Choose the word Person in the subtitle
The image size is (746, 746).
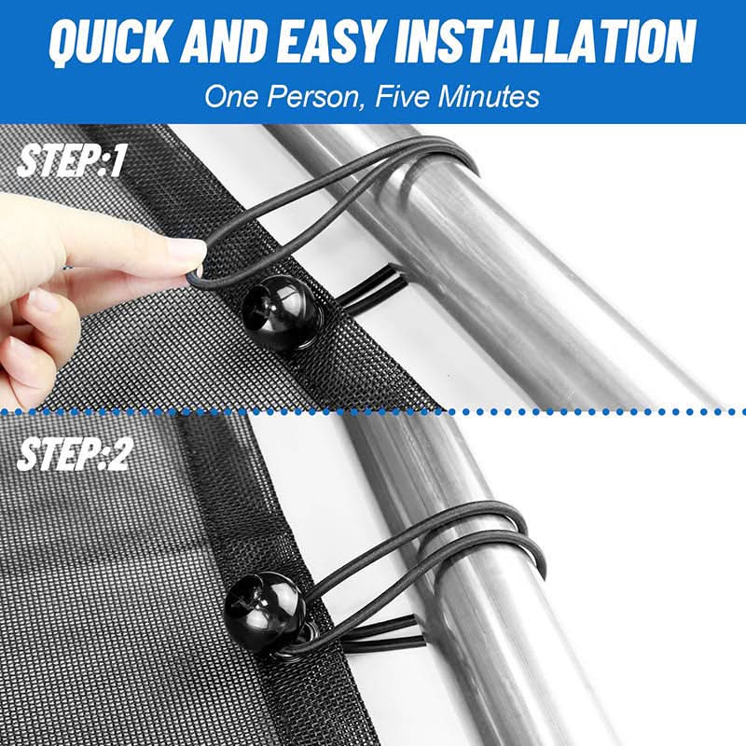tap(314, 97)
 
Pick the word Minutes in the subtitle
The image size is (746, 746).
tap(489, 96)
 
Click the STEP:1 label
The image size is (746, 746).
tap(71, 160)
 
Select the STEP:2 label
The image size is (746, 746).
tap(74, 455)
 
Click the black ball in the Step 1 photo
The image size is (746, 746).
tap(283, 312)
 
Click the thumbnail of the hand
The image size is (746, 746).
tap(42, 302)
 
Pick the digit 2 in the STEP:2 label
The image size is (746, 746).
tap(119, 455)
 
